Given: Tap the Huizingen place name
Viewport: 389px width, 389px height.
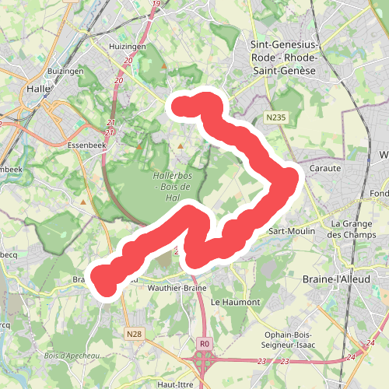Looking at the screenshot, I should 128,46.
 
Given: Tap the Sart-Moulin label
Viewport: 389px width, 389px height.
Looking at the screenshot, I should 290,231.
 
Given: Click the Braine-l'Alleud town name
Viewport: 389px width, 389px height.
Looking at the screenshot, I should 349,278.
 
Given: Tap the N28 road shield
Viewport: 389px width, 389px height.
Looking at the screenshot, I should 135,334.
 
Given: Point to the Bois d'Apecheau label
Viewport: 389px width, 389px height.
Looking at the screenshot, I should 74,356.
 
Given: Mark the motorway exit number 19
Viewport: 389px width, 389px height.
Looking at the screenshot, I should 156,5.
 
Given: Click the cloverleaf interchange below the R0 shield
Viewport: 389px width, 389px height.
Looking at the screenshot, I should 205,361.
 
